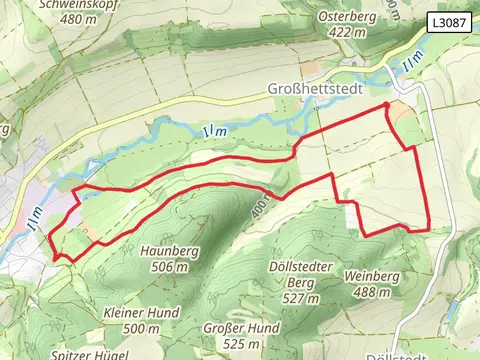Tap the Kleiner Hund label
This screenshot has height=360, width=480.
coord(141,312)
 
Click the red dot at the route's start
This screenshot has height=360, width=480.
coord(386,104)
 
